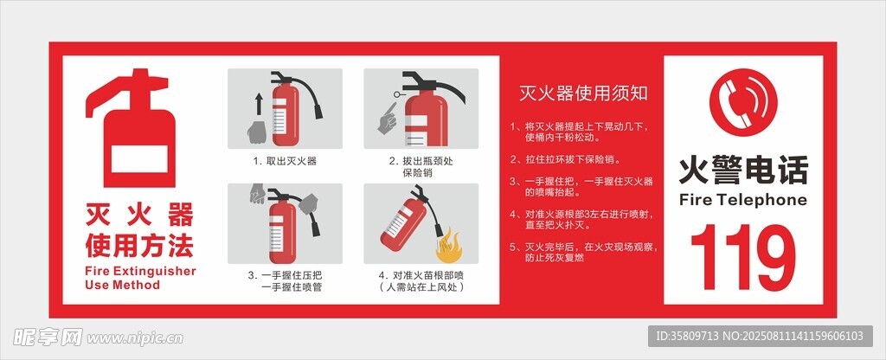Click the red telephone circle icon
pyautogui.click(x=743, y=103)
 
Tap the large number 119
pyautogui.click(x=743, y=257)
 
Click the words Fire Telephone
pyautogui.click(x=743, y=200)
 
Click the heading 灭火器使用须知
pyautogui.click(x=584, y=93)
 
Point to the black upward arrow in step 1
pyautogui.click(x=259, y=105)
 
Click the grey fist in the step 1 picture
pyautogui.click(x=258, y=132)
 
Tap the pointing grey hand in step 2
pyautogui.click(x=388, y=119)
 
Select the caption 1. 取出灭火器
pyautogui.click(x=284, y=161)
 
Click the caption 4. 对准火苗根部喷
pyautogui.click(x=421, y=276)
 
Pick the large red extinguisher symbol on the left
pyautogui.click(x=131, y=128)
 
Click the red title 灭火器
pyautogui.click(x=139, y=215)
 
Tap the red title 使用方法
pyautogui.click(x=139, y=245)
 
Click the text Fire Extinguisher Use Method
pyautogui.click(x=141, y=278)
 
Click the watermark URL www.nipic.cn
pyautogui.click(x=134, y=338)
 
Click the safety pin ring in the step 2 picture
pyautogui.click(x=396, y=93)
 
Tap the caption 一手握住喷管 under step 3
pyautogui.click(x=292, y=287)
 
